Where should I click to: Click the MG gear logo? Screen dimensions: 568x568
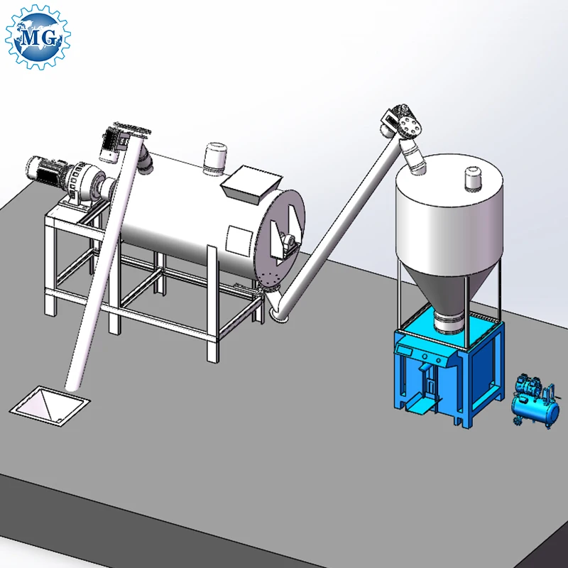[38, 37]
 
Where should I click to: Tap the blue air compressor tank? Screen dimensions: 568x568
[535, 410]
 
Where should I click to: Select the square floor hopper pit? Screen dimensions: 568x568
[50, 405]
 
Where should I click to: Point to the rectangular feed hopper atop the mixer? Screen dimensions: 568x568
[251, 184]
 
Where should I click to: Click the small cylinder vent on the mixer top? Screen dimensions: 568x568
[216, 158]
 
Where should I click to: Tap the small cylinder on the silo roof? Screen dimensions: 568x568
[473, 178]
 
